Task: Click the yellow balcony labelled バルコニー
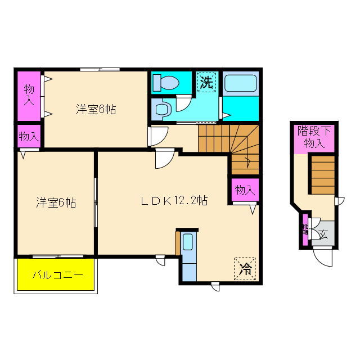point(56,274)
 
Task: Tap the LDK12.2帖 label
point(174,200)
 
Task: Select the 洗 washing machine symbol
point(206,82)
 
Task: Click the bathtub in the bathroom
point(240,84)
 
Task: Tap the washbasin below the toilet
point(163,109)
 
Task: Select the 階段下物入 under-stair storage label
point(314,137)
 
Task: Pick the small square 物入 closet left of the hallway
point(28,136)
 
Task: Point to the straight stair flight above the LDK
point(213,138)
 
